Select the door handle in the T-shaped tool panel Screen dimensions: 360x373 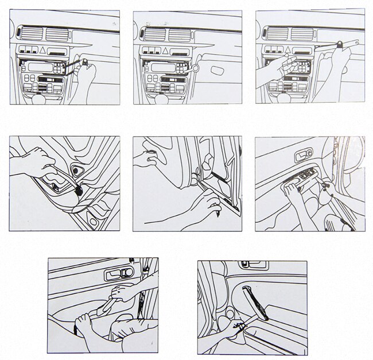(252, 266)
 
